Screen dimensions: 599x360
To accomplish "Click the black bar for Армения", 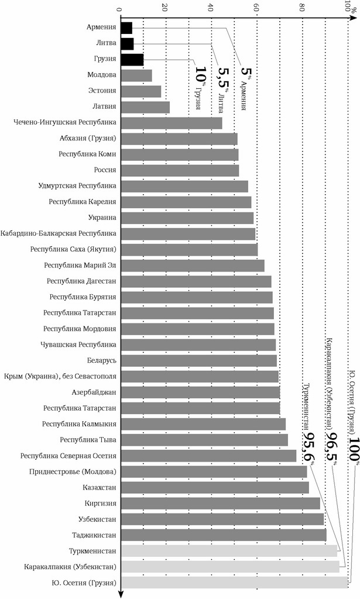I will pos(126,27).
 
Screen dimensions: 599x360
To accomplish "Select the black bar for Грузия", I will pos(132,59).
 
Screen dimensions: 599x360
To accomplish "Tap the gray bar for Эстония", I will pos(140,91).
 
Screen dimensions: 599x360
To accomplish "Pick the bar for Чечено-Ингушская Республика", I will pos(171,123).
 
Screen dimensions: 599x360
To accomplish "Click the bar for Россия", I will pos(179,170).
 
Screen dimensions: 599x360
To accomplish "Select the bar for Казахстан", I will pos(214,471).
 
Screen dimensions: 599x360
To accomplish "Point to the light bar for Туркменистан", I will pos(229,550).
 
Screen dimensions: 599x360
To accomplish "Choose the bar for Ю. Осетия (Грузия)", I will pos(234,583).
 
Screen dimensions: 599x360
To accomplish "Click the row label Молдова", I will pos(101,75).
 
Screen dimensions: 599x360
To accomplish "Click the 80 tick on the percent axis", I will pos(303,8).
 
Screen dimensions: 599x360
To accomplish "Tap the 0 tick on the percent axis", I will pos(120,8).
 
